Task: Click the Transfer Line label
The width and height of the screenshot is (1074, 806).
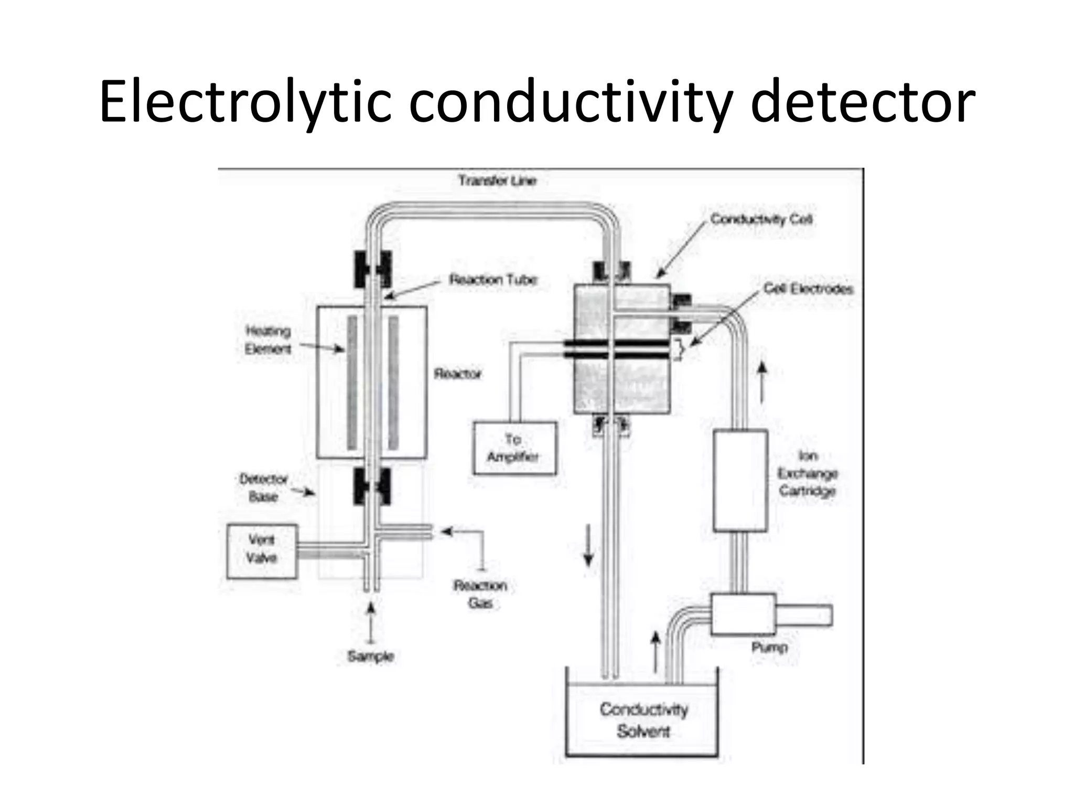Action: tap(497, 181)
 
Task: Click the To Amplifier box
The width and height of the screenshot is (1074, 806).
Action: tap(514, 448)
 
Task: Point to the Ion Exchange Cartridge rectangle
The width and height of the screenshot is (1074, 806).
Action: tap(740, 480)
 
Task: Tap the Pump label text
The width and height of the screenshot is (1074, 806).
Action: tap(769, 647)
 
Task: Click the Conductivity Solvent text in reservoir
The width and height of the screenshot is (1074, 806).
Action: tap(643, 720)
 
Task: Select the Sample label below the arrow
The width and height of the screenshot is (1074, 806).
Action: tap(370, 656)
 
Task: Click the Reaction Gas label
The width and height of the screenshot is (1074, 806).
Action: tap(480, 594)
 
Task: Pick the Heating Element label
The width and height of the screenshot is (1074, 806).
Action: tap(268, 340)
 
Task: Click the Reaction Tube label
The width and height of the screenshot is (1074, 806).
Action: tap(493, 280)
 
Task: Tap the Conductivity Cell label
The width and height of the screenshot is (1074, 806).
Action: tap(761, 219)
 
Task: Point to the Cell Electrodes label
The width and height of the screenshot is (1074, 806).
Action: tap(808, 289)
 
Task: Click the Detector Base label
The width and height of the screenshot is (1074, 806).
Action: tap(263, 487)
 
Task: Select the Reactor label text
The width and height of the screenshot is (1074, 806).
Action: tap(457, 374)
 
